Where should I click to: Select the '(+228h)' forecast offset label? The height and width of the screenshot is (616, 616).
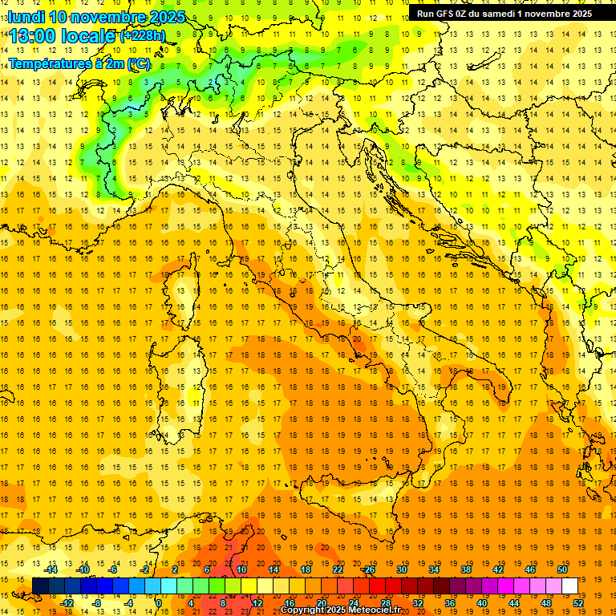click(x=144, y=36)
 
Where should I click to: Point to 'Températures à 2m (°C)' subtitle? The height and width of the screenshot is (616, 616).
click(x=79, y=63)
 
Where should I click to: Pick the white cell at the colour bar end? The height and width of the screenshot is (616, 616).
click(x=569, y=586)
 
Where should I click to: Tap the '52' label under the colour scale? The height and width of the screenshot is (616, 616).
click(x=578, y=603)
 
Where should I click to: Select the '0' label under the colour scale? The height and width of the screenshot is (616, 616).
click(x=160, y=603)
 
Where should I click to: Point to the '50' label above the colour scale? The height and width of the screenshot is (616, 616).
click(x=562, y=569)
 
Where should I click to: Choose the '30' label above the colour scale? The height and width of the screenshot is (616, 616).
click(x=402, y=569)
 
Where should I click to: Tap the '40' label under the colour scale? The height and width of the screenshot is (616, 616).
click(x=482, y=603)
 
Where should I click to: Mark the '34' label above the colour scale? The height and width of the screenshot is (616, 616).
click(x=434, y=569)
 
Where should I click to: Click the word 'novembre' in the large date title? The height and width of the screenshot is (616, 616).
click(x=108, y=17)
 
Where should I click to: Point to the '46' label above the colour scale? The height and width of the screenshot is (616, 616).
click(x=530, y=569)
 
